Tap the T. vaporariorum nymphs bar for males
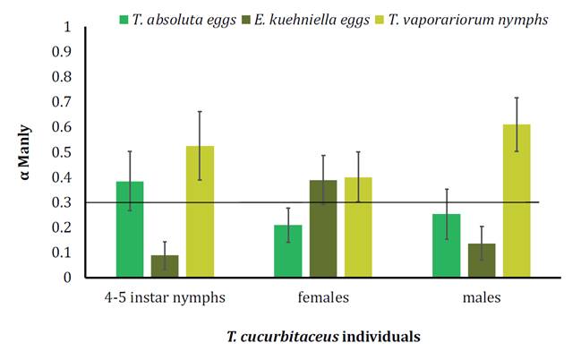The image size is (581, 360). [x=517, y=201]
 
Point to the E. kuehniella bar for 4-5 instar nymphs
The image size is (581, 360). [x=165, y=266]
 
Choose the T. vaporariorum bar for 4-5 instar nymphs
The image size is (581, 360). [x=200, y=211]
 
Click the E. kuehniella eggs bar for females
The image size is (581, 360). [x=323, y=228]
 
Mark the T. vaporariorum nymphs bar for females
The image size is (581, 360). [x=358, y=227]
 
